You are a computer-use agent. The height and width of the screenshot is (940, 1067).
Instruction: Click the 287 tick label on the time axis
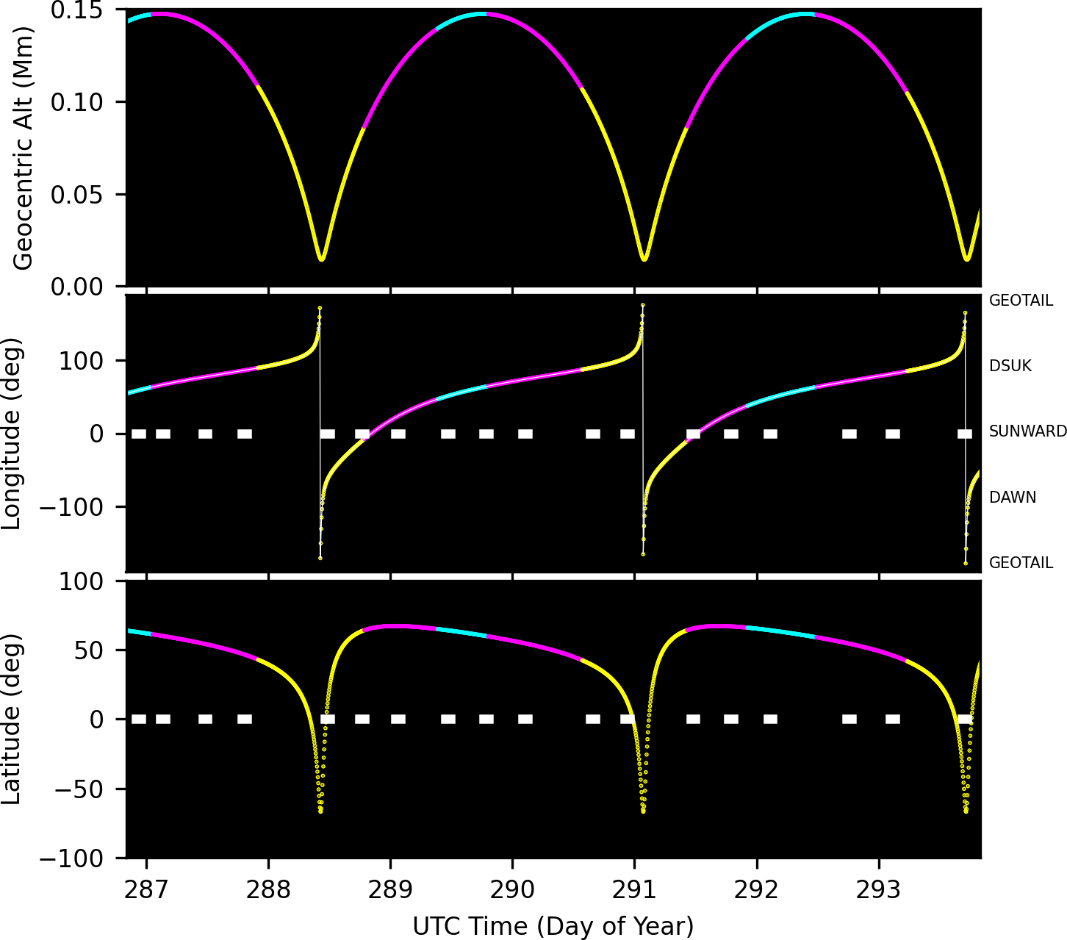tap(146, 891)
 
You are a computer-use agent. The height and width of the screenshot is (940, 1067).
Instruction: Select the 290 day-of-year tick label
tap(512, 891)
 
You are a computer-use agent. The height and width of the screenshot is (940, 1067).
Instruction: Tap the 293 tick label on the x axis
tap(878, 891)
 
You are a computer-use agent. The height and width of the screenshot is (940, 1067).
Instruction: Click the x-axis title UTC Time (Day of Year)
tap(553, 926)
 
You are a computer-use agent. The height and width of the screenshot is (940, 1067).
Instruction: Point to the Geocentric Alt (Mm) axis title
tap(24, 148)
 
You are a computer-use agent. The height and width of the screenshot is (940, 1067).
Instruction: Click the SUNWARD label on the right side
tap(1027, 431)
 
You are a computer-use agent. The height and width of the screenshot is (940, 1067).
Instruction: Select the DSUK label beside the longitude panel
tap(1010, 366)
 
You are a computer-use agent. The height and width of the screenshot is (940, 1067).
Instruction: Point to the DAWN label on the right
tap(1013, 498)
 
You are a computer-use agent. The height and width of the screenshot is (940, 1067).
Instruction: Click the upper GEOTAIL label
tap(1021, 301)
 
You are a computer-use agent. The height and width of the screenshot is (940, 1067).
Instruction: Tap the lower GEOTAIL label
tap(1021, 563)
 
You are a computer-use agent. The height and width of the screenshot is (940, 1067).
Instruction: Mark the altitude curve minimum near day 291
tap(644, 258)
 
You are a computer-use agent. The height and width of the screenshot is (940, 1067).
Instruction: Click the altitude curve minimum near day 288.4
tap(321, 258)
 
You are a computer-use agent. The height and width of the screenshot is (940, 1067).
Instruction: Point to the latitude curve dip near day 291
tap(643, 811)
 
